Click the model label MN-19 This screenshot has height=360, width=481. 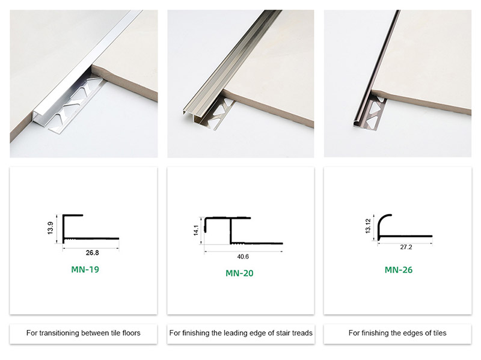tap(85, 269)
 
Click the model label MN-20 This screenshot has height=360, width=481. tap(239, 273)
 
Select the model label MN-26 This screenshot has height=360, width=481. tap(399, 269)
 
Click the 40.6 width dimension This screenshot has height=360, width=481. tap(244, 256)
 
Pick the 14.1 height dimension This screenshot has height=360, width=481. tap(196, 230)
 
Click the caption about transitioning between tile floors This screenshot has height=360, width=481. tap(84, 333)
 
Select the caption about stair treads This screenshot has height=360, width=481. tap(240, 333)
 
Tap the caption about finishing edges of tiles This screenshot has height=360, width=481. tap(397, 333)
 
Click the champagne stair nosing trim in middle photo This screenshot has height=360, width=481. tap(228, 66)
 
